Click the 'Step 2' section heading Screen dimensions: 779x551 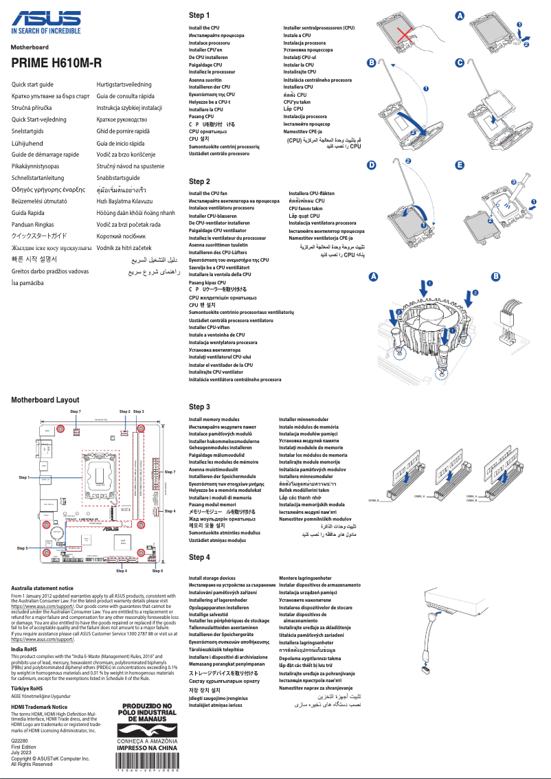click(x=199, y=181)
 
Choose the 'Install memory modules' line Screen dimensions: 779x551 click(x=214, y=419)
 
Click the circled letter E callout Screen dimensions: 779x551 click(x=460, y=165)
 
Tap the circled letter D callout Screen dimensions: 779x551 click(x=372, y=165)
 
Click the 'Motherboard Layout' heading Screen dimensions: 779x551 click(x=45, y=400)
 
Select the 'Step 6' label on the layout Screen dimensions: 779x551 click(x=157, y=571)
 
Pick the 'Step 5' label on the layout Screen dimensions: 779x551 click(x=22, y=548)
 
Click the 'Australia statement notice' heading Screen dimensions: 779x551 click(x=43, y=588)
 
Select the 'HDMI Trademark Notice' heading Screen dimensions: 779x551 click(x=40, y=707)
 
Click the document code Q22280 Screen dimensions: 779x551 click(x=21, y=742)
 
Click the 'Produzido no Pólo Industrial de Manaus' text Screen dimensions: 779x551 click(x=148, y=712)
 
